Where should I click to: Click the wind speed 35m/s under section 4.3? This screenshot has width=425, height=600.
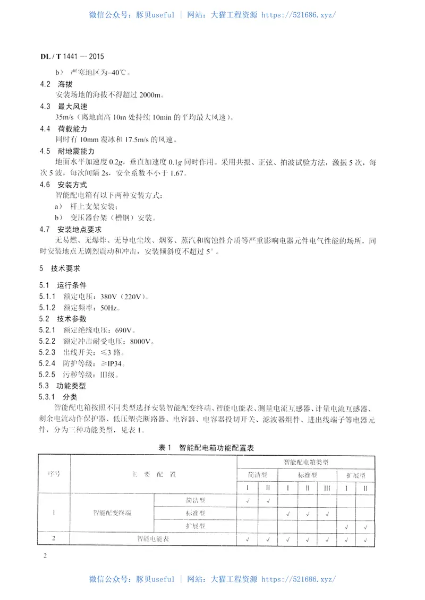pyautogui.click(x=65, y=117)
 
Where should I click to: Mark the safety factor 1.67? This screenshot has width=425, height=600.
pyautogui.click(x=188, y=173)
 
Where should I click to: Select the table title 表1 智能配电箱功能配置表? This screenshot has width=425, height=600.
pyautogui.click(x=206, y=448)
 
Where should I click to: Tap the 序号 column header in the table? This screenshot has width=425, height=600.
pyautogui.click(x=53, y=474)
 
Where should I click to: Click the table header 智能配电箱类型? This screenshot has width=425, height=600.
pyautogui.click(x=306, y=462)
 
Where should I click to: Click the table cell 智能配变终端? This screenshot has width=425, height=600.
pyautogui.click(x=112, y=513)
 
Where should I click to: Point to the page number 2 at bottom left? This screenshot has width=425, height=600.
pyautogui.click(x=45, y=555)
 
